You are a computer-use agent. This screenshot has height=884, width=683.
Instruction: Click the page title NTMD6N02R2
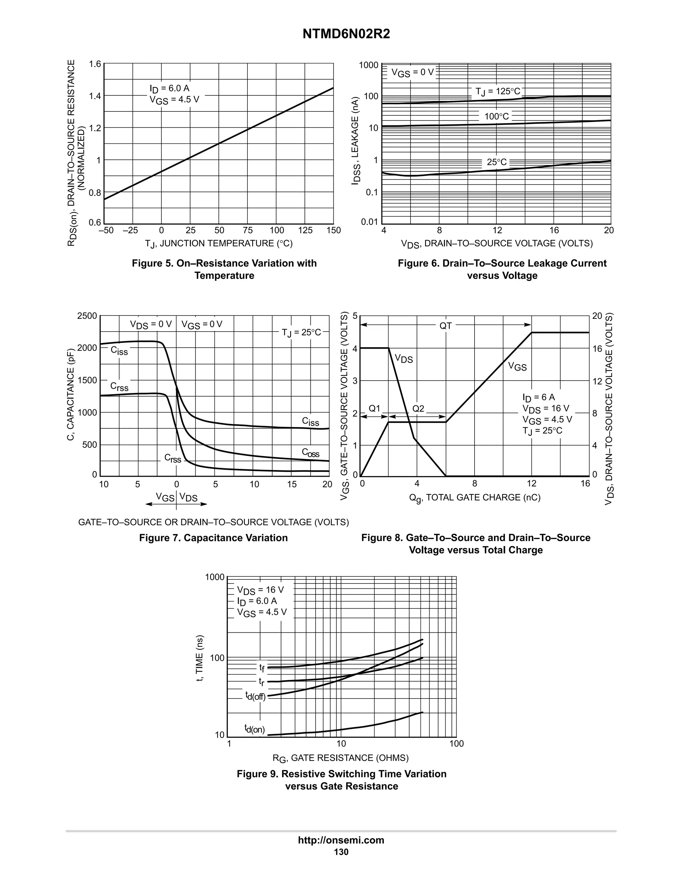(x=346, y=34)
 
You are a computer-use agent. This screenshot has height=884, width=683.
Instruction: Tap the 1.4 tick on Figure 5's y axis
(x=95, y=96)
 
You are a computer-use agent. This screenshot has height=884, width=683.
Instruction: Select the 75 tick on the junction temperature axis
(x=248, y=230)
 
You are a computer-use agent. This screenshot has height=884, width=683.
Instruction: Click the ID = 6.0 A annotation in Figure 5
(x=169, y=88)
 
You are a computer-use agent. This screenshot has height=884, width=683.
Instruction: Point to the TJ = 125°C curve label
(x=498, y=91)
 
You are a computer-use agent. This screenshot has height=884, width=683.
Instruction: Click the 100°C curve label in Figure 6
(x=497, y=116)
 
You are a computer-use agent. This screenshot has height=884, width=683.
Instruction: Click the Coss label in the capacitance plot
(x=310, y=453)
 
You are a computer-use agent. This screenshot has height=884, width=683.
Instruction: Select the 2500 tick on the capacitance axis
(x=87, y=316)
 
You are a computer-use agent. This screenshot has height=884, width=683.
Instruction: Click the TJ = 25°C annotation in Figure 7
(x=301, y=333)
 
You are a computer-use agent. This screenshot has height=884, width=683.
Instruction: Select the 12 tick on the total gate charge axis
(x=531, y=483)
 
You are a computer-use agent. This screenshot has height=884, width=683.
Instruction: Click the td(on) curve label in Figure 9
(x=254, y=729)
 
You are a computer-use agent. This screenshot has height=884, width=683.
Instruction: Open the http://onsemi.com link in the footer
(x=341, y=840)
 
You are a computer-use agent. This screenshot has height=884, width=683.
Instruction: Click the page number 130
(x=341, y=852)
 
